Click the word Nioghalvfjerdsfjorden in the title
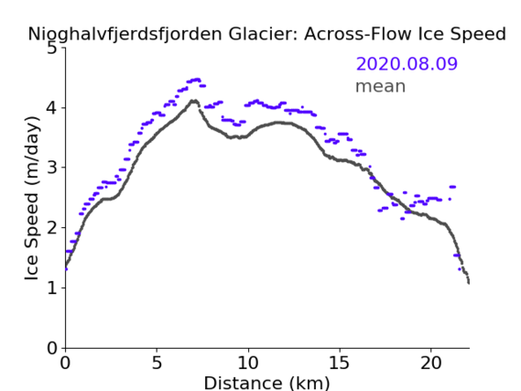coord(125,34)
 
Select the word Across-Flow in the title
coord(357,34)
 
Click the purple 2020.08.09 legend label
coord(407,63)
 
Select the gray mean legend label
coord(381,86)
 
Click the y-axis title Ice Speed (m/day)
coord(32,198)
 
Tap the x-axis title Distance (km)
coord(266,383)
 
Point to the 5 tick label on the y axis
coord(52,49)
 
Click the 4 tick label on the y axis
coord(52,108)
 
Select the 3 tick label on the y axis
coord(52,168)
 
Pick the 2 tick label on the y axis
coord(52,228)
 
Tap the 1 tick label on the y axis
coord(52,288)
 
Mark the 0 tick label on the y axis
coord(52,348)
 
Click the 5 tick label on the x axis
coord(157,363)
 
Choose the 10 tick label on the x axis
coord(248,363)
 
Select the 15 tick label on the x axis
coord(340,363)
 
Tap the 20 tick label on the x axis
coord(431,363)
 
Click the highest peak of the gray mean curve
coord(194,101)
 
